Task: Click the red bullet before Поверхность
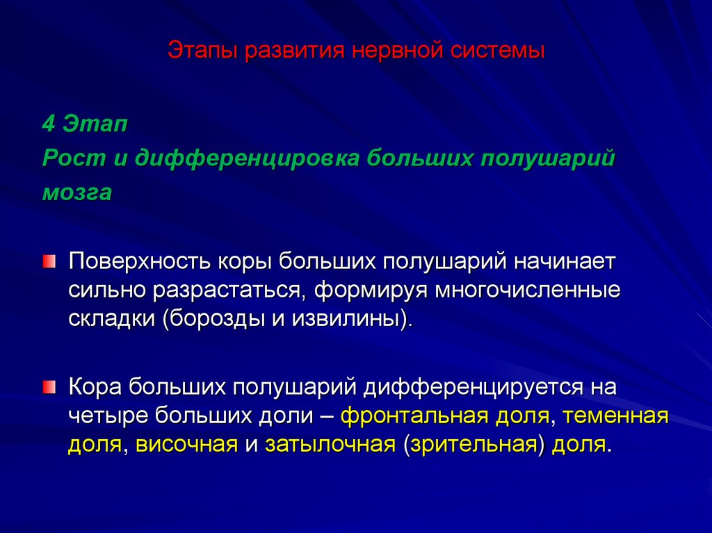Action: click(x=48, y=262)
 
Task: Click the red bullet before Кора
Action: click(x=48, y=386)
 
